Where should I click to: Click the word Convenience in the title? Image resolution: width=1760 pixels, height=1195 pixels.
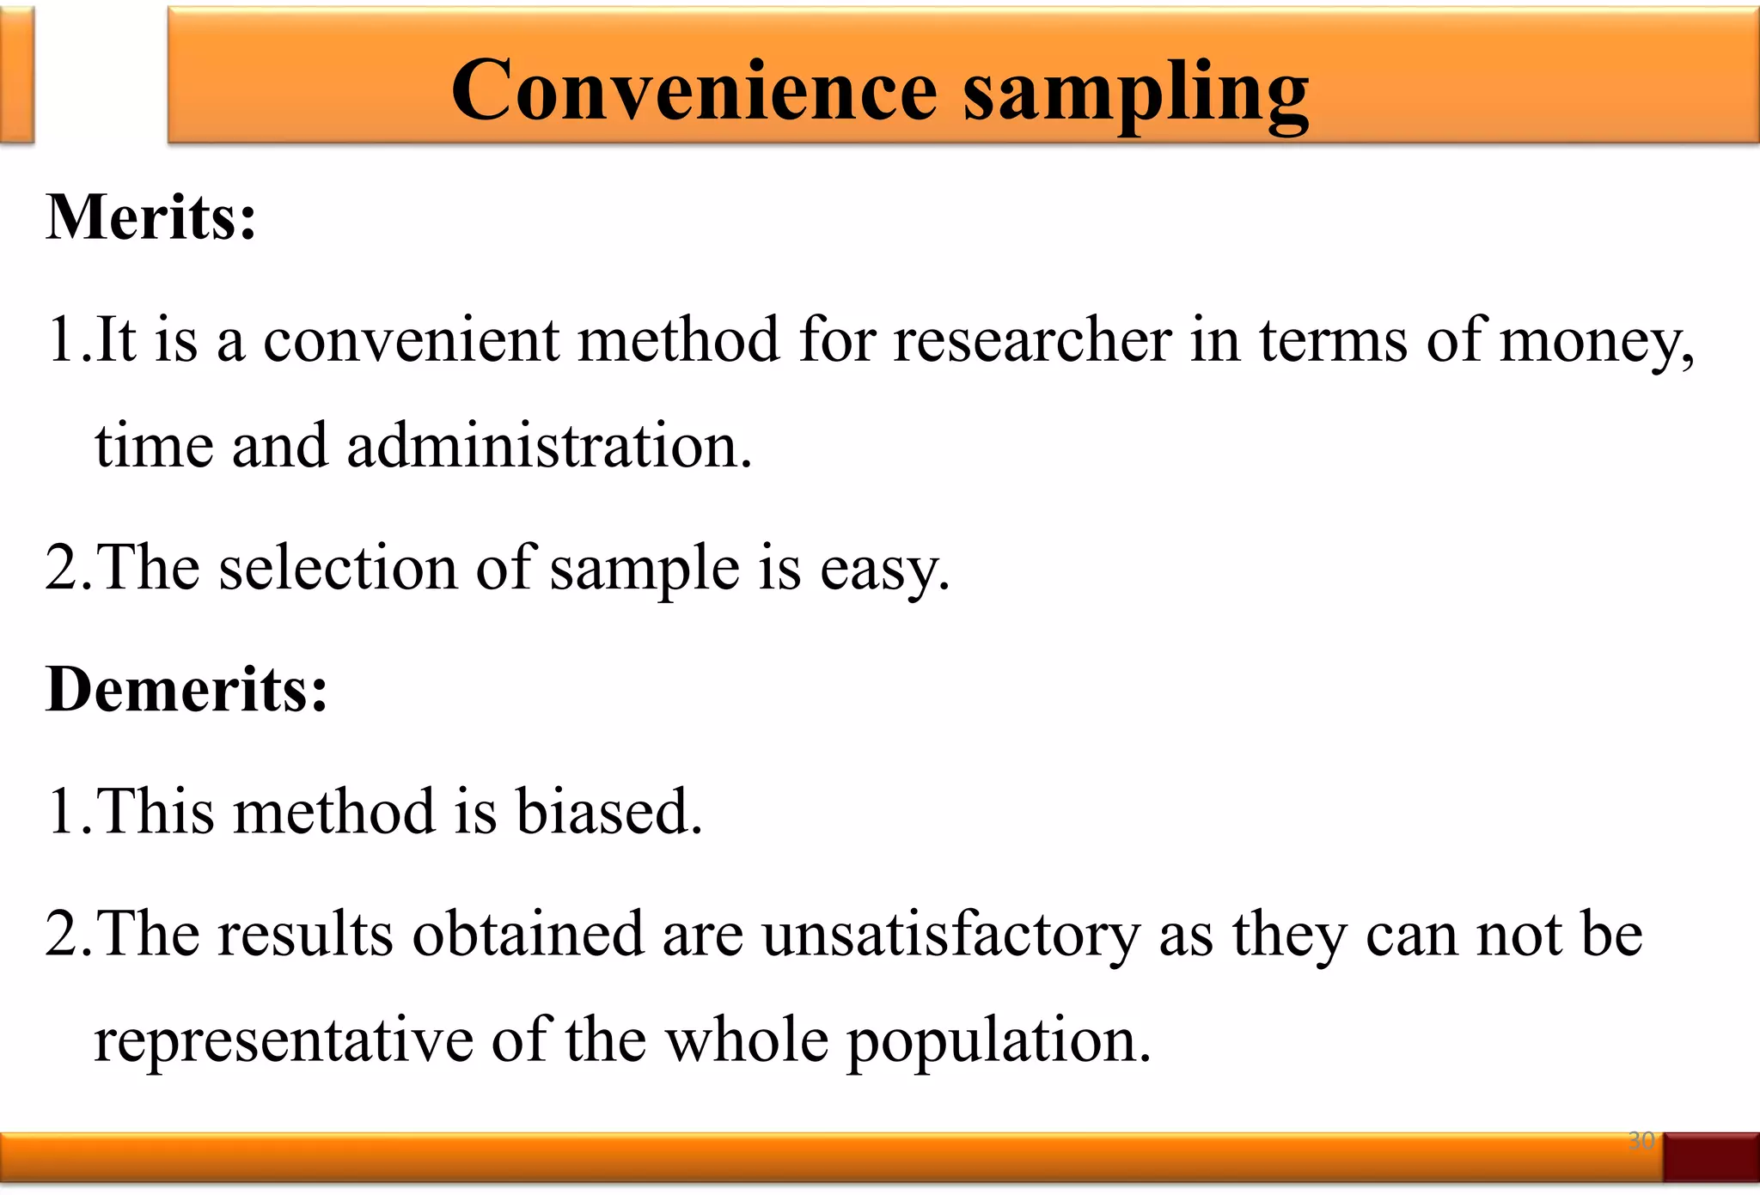(694, 91)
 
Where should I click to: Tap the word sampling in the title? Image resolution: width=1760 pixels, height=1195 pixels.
(1135, 93)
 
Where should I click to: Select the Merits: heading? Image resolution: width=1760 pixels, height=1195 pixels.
(151, 216)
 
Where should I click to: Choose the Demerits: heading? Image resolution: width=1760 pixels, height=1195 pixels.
(186, 689)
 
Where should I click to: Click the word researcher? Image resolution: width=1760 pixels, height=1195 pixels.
(1032, 339)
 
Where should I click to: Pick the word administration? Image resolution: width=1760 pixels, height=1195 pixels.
(549, 446)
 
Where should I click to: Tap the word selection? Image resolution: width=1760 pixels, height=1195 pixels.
(339, 568)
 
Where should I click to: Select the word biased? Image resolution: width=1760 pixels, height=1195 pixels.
(608, 811)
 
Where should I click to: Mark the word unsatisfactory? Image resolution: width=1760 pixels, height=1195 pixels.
(950, 934)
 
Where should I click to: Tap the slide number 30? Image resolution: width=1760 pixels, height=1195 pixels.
(1641, 1140)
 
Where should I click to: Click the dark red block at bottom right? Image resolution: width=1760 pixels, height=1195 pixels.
(1711, 1156)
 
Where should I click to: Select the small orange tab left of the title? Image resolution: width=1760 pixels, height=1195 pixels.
(16, 75)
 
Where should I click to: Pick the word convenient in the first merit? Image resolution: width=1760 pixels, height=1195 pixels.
(411, 340)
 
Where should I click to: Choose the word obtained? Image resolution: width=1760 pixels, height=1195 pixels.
(528, 934)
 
